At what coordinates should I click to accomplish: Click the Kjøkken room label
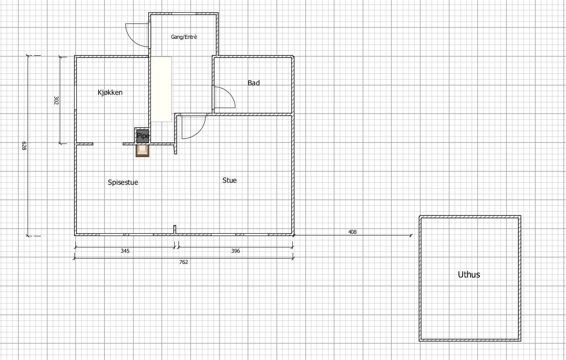pyautogui.click(x=110, y=92)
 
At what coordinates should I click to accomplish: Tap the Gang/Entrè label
pyautogui.click(x=184, y=37)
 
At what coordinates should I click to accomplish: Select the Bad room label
pyautogui.click(x=254, y=83)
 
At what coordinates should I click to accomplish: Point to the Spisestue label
pyautogui.click(x=123, y=182)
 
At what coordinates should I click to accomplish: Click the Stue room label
pyautogui.click(x=230, y=180)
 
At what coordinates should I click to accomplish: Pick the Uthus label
pyautogui.click(x=469, y=275)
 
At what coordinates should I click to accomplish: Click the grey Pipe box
pyautogui.click(x=143, y=136)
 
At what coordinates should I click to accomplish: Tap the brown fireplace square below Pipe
pyautogui.click(x=143, y=151)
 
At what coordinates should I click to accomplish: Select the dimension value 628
pyautogui.click(x=24, y=146)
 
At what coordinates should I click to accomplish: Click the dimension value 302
pyautogui.click(x=56, y=100)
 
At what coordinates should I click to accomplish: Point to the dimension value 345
pyautogui.click(x=125, y=251)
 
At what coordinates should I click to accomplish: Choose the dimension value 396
pyautogui.click(x=235, y=251)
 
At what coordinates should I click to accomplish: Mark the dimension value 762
pyautogui.click(x=184, y=262)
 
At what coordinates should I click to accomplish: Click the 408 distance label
pyautogui.click(x=352, y=232)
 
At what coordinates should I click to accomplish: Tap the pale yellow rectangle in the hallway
pyautogui.click(x=161, y=89)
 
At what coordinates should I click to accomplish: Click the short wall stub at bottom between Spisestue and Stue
pyautogui.click(x=175, y=229)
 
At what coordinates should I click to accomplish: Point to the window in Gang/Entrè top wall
pyautogui.click(x=184, y=14)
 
